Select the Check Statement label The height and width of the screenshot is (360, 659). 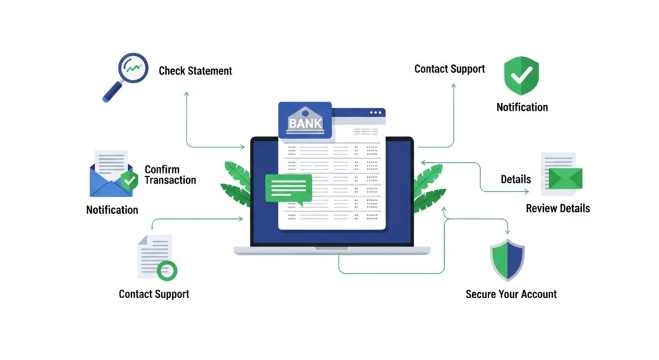(195, 71)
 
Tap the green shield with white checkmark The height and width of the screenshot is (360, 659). (521, 75)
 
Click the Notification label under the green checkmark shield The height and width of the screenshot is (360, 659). (522, 108)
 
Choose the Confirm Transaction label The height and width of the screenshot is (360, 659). (170, 175)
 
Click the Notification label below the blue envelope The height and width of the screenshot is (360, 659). (112, 210)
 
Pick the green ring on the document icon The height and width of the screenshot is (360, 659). (167, 270)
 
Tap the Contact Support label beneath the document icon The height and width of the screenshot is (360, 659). (154, 294)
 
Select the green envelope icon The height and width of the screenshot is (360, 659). (565, 178)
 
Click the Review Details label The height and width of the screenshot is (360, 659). (557, 209)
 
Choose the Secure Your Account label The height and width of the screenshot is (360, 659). (511, 294)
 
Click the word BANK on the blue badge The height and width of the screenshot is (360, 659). (305, 123)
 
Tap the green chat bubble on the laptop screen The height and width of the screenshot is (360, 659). (288, 188)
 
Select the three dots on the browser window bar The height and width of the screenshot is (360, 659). (376, 113)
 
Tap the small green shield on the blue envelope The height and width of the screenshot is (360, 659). (130, 181)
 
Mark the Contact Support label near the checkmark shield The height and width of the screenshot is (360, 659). (449, 69)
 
